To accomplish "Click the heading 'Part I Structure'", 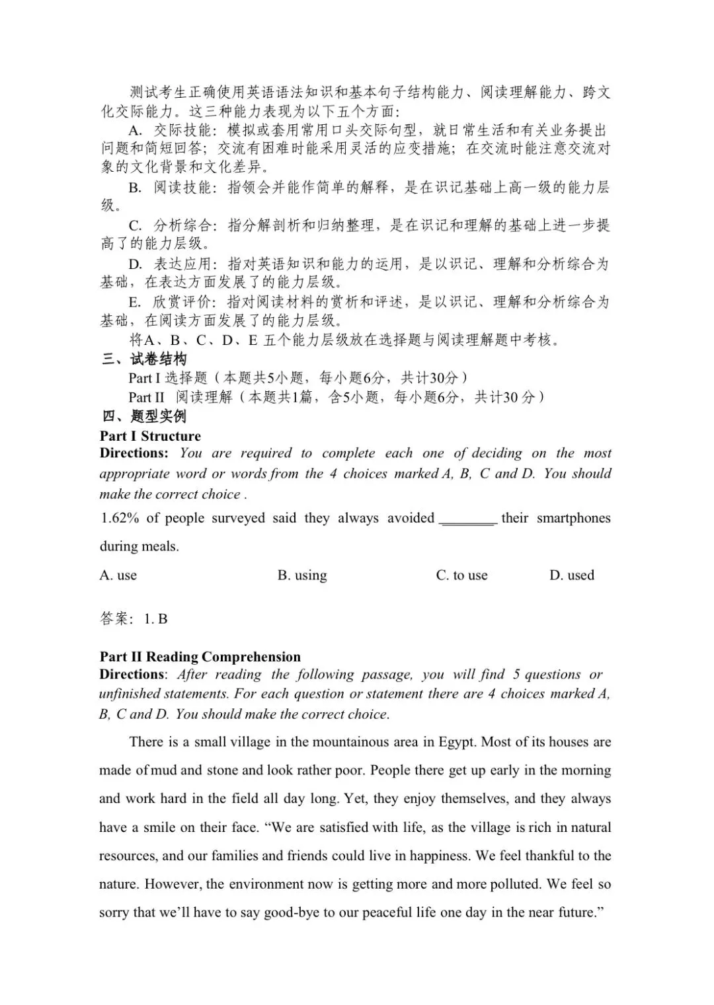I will tap(150, 436).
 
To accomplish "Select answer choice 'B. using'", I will tap(302, 576).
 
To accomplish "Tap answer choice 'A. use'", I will tap(118, 576).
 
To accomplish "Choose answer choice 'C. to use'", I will tap(461, 576).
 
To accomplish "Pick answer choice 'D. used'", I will tap(572, 576).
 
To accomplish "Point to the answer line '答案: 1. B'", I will tap(134, 619).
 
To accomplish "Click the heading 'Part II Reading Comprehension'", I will tap(200, 657).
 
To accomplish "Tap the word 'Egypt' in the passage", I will tap(457, 742).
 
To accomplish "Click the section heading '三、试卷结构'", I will tap(143, 359).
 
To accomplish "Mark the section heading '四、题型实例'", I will tap(143, 416).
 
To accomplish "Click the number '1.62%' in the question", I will tap(120, 518).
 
